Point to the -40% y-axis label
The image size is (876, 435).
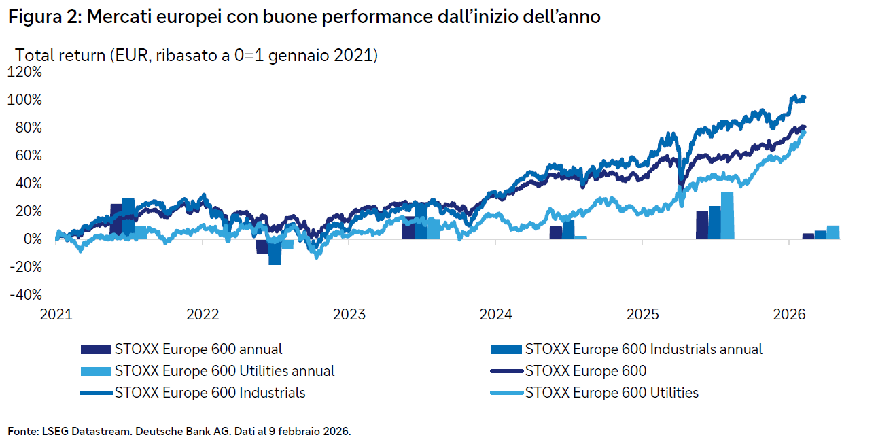click(x=25, y=295)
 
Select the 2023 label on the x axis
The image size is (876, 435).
click(x=349, y=315)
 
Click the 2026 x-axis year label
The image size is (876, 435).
click(x=789, y=315)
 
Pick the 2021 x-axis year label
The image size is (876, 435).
click(x=56, y=315)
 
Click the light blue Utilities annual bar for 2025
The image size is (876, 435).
click(x=727, y=215)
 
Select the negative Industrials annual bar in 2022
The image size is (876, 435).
click(x=275, y=251)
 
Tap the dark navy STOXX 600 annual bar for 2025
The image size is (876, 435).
click(x=702, y=225)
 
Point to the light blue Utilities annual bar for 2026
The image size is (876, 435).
click(x=833, y=232)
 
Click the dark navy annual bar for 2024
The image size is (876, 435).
click(x=556, y=232)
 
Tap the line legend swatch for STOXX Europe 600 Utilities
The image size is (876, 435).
click(x=506, y=393)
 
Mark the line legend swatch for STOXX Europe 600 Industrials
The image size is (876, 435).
click(x=97, y=393)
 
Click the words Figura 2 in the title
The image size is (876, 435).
click(x=43, y=18)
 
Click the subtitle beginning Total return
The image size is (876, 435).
click(x=196, y=55)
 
